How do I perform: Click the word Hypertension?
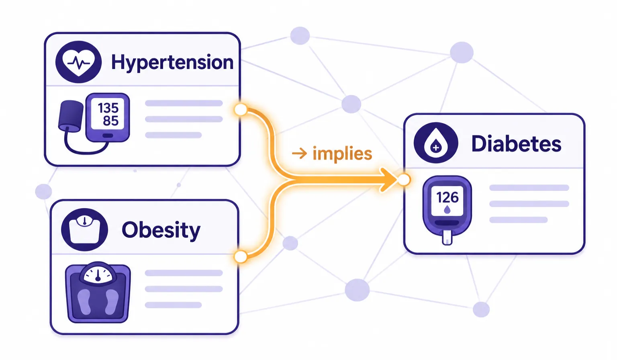pos(172,63)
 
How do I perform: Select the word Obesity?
pos(161,230)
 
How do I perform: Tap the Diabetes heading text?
pos(516,143)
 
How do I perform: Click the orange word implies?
pos(342,153)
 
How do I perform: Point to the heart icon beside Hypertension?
pos(78,62)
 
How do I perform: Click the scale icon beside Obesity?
pos(84,229)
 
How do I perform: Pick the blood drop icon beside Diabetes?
pos(436,143)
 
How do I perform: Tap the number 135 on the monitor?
pos(108,108)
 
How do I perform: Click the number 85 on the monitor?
pos(111,121)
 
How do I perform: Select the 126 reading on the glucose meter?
pos(447,198)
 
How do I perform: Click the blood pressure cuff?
pos(71,116)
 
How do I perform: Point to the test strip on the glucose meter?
pos(447,238)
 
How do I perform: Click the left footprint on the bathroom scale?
pos(84,302)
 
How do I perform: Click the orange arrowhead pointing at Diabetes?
pos(388,180)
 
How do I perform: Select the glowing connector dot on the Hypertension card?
pos(241,110)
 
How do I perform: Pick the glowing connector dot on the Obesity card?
pos(241,257)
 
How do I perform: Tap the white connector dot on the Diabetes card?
pos(404,180)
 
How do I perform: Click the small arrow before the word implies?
pos(299,153)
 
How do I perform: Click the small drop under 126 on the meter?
pos(447,210)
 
